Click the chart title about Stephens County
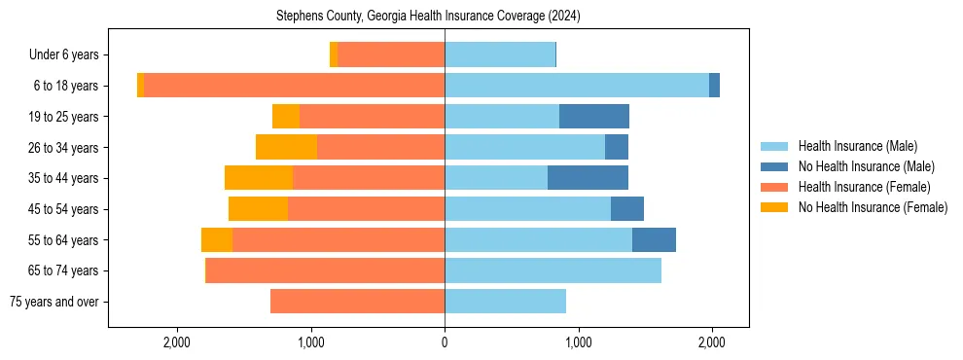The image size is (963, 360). click(428, 16)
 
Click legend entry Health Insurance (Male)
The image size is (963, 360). click(857, 146)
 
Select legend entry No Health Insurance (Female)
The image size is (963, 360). click(873, 207)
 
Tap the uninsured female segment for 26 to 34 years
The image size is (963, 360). click(286, 147)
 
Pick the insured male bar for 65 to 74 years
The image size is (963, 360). click(553, 270)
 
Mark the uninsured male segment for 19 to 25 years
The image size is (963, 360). click(594, 117)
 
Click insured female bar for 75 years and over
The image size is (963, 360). click(357, 302)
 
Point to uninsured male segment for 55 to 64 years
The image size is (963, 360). click(654, 239)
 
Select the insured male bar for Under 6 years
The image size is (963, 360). click(500, 55)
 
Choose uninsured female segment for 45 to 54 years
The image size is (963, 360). click(258, 209)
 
